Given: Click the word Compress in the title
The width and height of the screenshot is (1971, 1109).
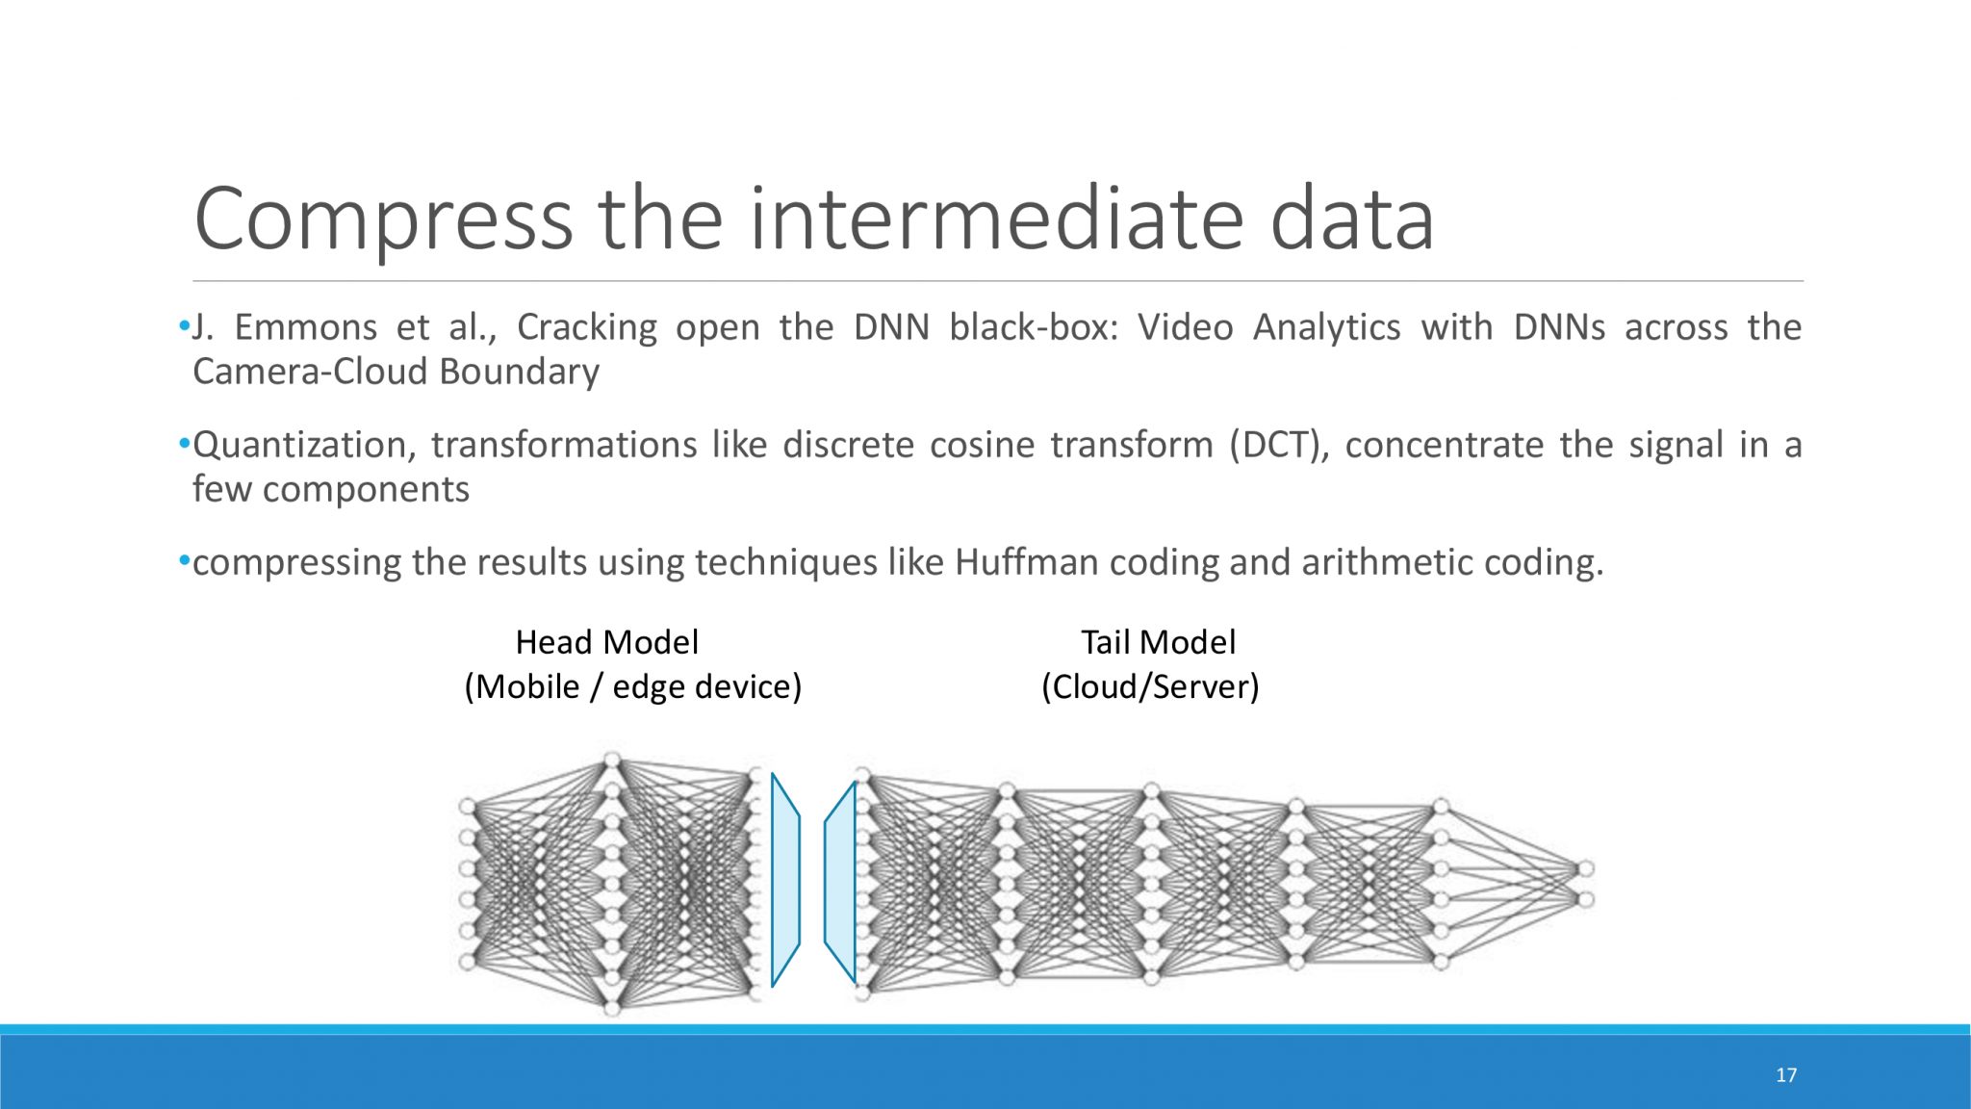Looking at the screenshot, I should coord(383,219).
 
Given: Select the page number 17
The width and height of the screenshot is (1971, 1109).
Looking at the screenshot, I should coord(1786,1075).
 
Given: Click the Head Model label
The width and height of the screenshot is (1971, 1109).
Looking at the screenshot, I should coord(606,642).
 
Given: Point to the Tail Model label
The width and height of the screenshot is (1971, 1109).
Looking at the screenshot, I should coord(1158,642).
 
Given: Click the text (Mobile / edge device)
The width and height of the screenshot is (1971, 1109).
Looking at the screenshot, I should coord(632,687).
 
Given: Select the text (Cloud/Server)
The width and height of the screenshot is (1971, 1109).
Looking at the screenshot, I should coord(1150,687).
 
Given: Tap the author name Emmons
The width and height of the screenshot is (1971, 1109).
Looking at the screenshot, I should coord(306,327).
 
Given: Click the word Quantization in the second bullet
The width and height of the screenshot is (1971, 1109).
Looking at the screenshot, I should coord(304,446).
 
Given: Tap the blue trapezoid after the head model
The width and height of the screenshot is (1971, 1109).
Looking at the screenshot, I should coord(785,880).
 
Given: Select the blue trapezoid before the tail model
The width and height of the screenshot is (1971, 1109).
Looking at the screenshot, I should coord(841,880).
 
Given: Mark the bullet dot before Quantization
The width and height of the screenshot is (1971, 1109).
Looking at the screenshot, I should coord(184,444).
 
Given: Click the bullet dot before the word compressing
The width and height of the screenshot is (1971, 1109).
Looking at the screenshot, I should coord(184,560).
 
